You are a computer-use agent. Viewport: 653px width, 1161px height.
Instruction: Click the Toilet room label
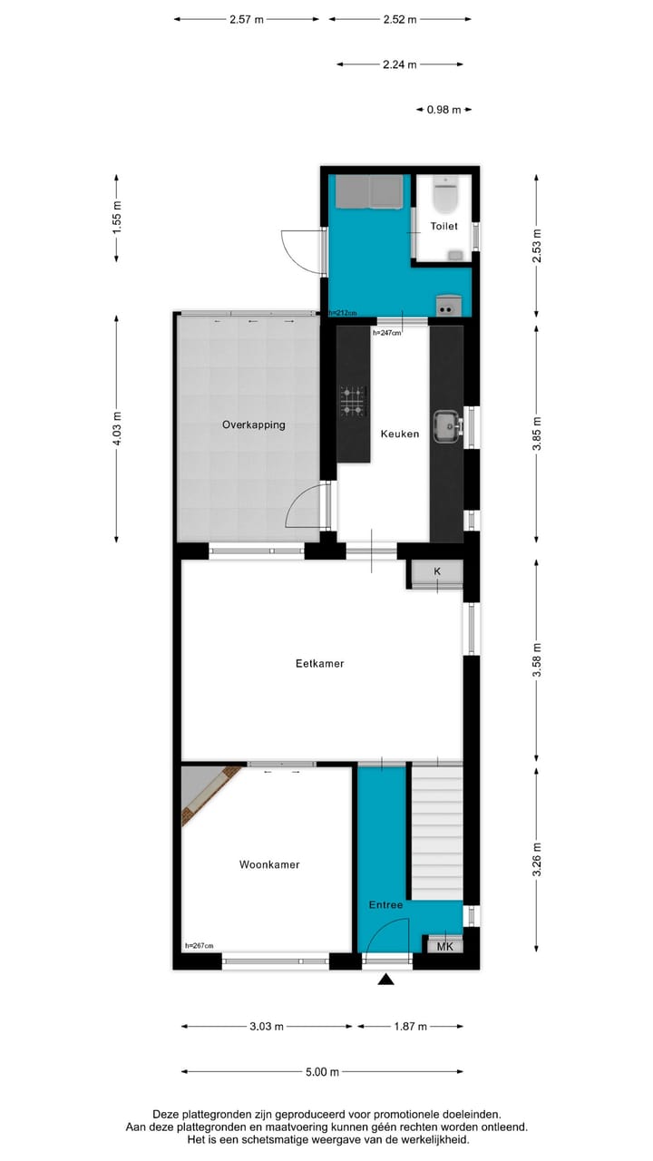(444, 226)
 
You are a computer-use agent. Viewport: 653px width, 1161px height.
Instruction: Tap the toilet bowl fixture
(446, 192)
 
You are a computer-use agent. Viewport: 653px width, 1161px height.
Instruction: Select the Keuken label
(400, 434)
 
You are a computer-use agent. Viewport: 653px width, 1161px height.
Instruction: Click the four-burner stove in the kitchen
(353, 401)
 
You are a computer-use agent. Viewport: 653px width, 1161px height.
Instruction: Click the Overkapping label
(254, 424)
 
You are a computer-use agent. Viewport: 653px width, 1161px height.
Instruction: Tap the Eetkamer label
(320, 664)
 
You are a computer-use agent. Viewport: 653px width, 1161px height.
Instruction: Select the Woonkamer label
(269, 864)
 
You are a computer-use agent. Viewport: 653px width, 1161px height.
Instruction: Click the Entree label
(385, 905)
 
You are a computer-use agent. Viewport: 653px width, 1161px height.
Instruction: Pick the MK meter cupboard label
(444, 947)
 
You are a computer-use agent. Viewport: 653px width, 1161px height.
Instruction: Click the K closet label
(437, 571)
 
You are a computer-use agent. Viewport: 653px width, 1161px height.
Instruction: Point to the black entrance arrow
(385, 979)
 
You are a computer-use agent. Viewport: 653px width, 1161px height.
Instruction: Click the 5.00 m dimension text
(322, 1072)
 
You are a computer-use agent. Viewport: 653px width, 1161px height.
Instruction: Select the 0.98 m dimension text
(444, 110)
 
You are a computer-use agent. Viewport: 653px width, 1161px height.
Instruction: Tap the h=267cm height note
(199, 946)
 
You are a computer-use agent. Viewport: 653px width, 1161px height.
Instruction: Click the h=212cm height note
(343, 313)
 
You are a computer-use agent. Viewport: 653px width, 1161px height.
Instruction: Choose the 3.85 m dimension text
(538, 434)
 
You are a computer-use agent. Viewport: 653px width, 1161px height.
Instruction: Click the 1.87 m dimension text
(411, 1027)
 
